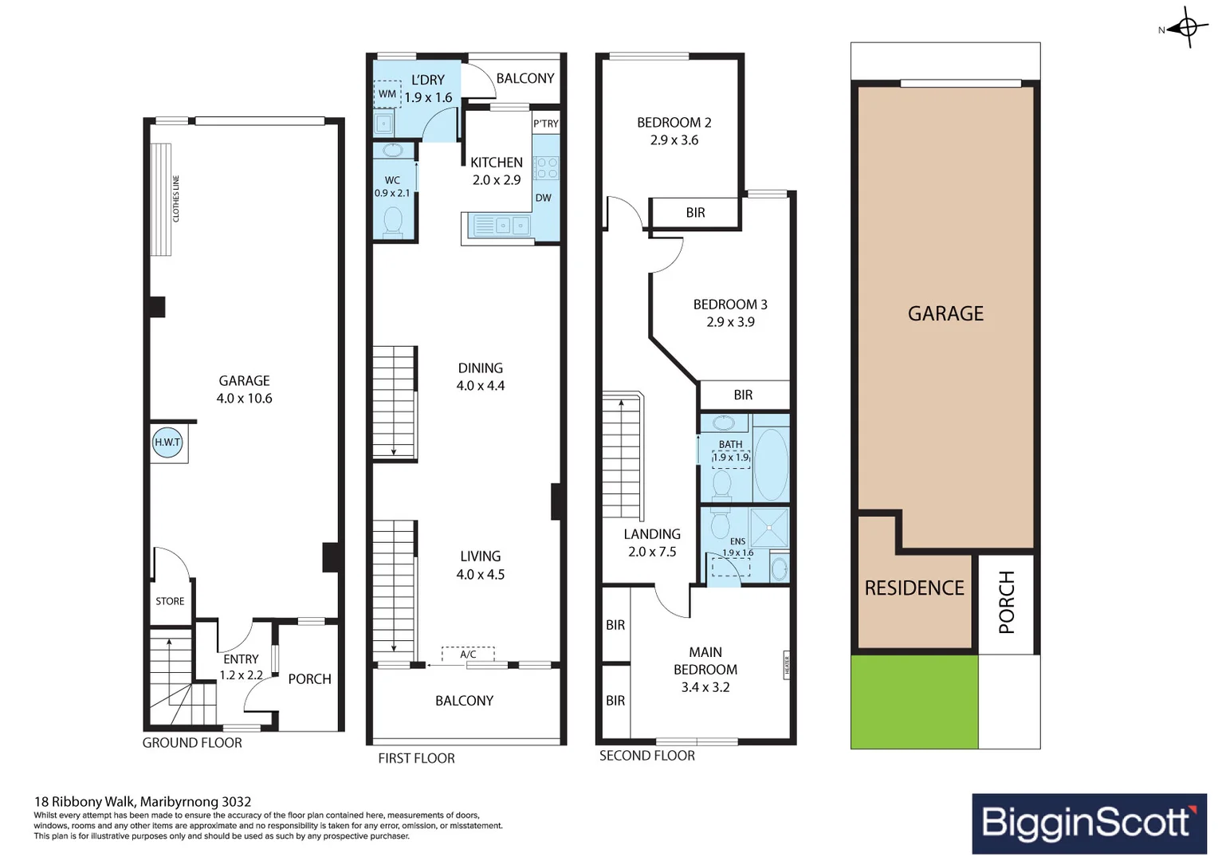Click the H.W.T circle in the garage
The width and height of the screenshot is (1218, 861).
[x=167, y=442]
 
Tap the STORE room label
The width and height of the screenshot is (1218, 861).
[x=170, y=601]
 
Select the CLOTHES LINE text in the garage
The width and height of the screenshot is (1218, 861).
[x=176, y=199]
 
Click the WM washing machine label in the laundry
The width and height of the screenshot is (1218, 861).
[x=387, y=94]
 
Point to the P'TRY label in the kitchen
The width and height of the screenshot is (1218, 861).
[x=546, y=124]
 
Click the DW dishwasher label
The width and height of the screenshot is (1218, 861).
[x=543, y=198]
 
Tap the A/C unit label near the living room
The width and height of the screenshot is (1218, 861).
[x=468, y=655]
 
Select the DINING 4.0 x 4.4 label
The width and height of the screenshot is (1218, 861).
[x=480, y=377]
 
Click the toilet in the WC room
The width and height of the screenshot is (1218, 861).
[x=393, y=221]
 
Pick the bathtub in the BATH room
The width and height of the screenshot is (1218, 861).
[x=770, y=465]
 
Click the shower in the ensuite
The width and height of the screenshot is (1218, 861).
[x=769, y=526]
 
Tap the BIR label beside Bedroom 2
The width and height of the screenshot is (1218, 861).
[x=695, y=213]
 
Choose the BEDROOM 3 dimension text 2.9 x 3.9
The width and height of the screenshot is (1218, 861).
[x=730, y=322]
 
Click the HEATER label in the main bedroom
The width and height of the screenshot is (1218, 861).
[x=786, y=663]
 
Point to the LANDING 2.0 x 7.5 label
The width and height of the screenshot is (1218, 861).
[x=652, y=543]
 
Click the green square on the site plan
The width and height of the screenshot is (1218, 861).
[x=914, y=702]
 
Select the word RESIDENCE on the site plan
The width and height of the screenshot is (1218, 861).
[x=914, y=588]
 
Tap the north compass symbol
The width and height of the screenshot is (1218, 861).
[x=1186, y=29]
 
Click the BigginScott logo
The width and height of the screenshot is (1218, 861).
[x=1089, y=823]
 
